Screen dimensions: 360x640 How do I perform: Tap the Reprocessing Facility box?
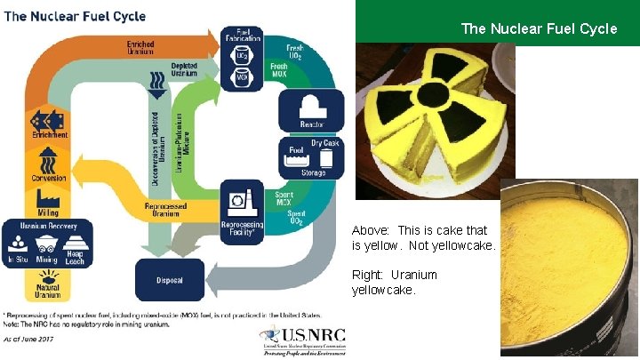coord(243,212)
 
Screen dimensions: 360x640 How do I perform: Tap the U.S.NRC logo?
coord(302,339)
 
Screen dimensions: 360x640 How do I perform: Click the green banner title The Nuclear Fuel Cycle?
coord(539,28)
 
